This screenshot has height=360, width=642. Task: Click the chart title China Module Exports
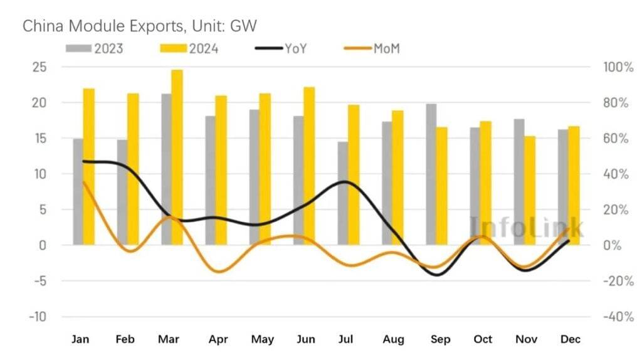coord(140,26)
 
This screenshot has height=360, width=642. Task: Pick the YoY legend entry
coord(282,49)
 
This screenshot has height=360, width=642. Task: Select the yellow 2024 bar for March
coord(177,157)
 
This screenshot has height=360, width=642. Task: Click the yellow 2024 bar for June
coord(310,166)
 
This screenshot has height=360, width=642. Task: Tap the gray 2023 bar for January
coord(78,191)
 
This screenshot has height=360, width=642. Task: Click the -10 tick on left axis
coord(36,317)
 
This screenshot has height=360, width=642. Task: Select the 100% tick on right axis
coord(618,67)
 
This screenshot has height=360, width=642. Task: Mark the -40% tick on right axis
coord(617,317)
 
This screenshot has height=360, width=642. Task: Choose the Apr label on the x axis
coord(217,340)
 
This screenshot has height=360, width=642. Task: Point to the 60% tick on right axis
coord(616,139)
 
